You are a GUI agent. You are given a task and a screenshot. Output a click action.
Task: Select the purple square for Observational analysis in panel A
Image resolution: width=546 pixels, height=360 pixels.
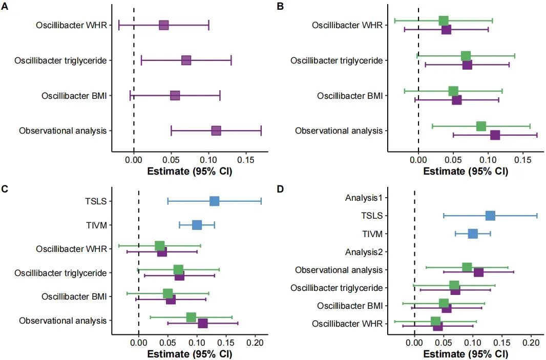(216, 131)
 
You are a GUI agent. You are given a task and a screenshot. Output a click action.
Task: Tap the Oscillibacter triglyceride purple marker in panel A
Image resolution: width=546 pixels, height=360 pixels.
(186, 60)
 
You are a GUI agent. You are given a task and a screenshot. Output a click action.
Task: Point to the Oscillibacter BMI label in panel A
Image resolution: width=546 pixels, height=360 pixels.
(74, 96)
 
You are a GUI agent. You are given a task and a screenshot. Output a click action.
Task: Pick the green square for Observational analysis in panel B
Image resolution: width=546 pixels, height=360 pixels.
(481, 126)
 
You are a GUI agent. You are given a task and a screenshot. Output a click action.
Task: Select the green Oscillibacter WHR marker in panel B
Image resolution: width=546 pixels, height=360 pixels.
(444, 20)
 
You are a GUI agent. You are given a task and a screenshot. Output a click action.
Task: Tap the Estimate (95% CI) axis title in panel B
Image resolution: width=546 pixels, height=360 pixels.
(466, 171)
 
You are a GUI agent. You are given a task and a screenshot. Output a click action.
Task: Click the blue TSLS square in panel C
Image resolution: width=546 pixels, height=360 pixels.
(214, 201)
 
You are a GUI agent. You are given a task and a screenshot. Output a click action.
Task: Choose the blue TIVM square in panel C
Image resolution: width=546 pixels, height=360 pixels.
(197, 225)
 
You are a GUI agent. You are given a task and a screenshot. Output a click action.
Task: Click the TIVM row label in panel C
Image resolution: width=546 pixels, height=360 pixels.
(96, 225)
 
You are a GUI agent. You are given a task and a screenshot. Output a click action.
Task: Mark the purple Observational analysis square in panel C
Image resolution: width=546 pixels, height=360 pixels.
(203, 323)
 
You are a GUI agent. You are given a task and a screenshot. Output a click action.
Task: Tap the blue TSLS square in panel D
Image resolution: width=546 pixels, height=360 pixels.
(490, 216)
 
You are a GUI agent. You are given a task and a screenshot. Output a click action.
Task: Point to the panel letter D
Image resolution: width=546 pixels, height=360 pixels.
(280, 189)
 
